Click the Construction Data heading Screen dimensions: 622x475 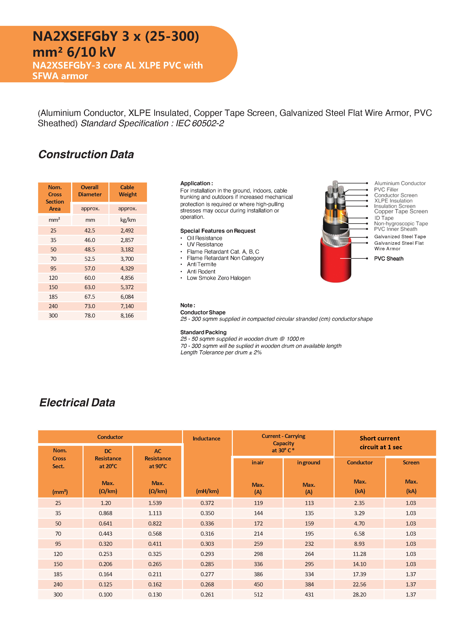(x=86, y=154)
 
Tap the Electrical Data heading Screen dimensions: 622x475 (x=77, y=402)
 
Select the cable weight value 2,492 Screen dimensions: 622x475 (x=127, y=231)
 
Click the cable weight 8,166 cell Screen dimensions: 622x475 (x=127, y=316)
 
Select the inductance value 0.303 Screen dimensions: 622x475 (x=207, y=544)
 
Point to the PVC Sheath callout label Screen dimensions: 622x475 (x=389, y=259)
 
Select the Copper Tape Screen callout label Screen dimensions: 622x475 (x=401, y=211)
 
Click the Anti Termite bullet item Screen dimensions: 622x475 (x=201, y=264)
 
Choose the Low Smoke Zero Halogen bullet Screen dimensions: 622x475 (x=219, y=278)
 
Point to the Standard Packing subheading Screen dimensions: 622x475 (x=203, y=332)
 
